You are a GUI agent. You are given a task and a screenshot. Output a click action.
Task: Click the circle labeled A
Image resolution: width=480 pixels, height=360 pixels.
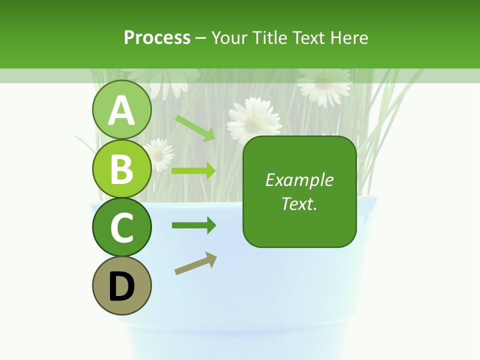click(x=121, y=109)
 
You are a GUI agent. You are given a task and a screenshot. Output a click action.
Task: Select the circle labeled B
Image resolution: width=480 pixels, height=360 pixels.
click(x=121, y=168)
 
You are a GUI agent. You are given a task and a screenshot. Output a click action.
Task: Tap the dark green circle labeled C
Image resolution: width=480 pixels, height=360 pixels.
click(x=121, y=227)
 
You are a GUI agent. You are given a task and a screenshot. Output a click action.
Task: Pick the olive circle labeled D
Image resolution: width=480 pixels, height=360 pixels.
click(x=121, y=285)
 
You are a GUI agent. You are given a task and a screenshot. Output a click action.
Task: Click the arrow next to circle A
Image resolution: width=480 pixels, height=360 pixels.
click(x=195, y=128)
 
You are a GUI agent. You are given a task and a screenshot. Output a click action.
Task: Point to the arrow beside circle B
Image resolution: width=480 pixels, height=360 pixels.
click(x=193, y=170)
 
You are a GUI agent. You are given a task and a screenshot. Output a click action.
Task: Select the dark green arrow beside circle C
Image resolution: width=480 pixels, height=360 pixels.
click(x=194, y=225)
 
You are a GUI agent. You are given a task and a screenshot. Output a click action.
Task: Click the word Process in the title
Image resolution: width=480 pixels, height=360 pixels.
click(x=157, y=37)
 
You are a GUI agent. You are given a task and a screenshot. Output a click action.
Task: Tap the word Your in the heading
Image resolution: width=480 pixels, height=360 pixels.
click(x=229, y=37)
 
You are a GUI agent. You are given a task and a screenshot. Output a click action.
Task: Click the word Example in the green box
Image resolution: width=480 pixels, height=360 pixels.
click(x=299, y=180)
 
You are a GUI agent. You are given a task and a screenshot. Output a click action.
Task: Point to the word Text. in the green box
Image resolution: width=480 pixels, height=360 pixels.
click(x=299, y=203)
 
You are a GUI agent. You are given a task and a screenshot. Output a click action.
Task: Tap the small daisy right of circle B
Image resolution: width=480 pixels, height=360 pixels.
click(x=159, y=154)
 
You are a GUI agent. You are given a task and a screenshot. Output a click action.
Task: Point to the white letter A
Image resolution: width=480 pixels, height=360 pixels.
click(x=121, y=110)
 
